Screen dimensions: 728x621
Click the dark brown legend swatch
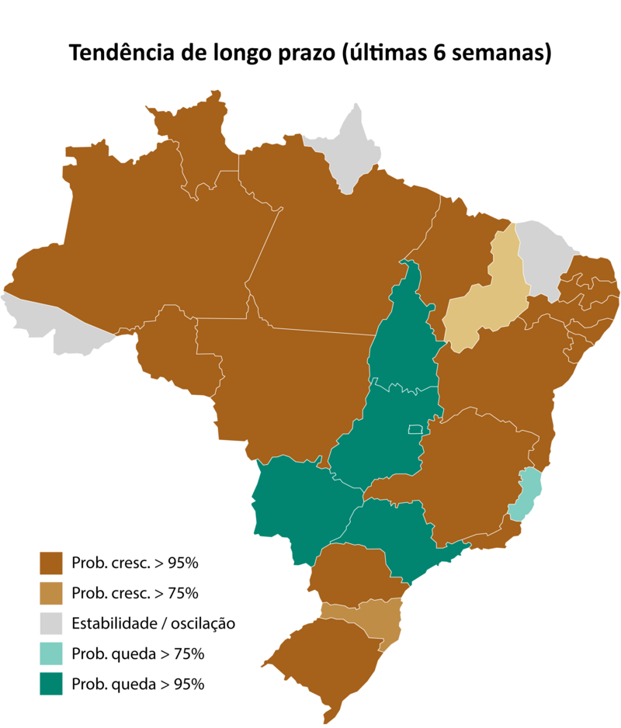pyautogui.click(x=51, y=563)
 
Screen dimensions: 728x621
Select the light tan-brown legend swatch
pyautogui.click(x=51, y=593)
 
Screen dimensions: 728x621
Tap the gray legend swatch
pyautogui.click(x=51, y=623)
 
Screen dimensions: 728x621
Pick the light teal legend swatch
pyautogui.click(x=51, y=653)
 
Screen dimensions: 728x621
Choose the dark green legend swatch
pyautogui.click(x=51, y=684)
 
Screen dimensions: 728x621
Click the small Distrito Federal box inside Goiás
pyautogui.click(x=415, y=429)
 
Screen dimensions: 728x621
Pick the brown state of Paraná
pyautogui.click(x=349, y=574)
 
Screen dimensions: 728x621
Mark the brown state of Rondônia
pyautogui.click(x=175, y=349)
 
